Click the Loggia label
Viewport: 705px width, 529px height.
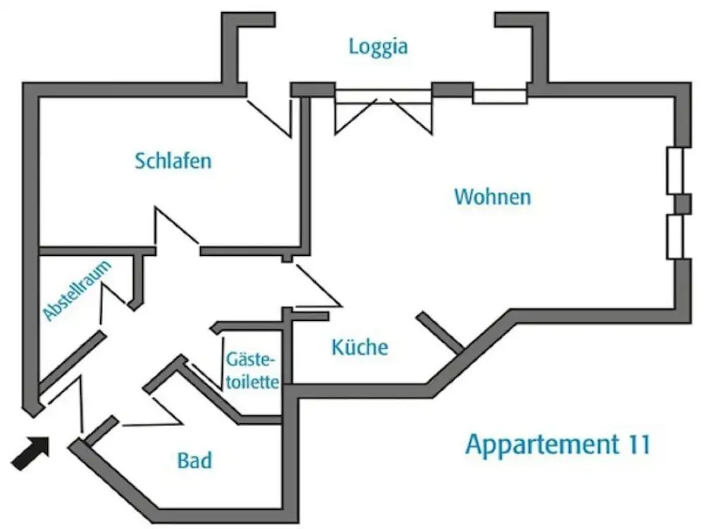click(x=379, y=47)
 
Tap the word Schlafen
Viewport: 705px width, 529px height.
click(x=173, y=161)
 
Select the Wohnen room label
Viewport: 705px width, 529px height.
click(x=492, y=196)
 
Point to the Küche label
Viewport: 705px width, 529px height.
click(x=360, y=347)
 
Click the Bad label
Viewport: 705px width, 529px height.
click(x=195, y=461)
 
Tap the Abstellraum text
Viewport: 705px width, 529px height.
click(x=78, y=291)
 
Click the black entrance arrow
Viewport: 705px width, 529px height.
click(x=32, y=452)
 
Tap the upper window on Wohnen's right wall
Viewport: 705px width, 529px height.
click(x=675, y=171)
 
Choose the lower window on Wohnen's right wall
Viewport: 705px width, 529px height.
click(x=675, y=238)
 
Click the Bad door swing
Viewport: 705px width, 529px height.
click(x=152, y=416)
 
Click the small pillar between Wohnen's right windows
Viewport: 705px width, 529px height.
click(x=682, y=204)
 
